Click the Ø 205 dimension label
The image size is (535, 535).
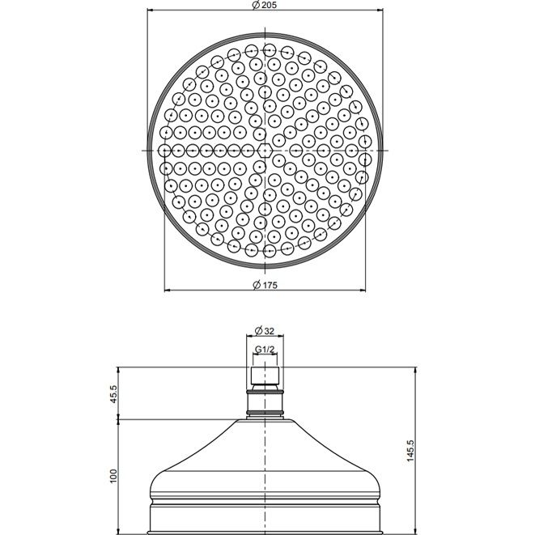[265, 5]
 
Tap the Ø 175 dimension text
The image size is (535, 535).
[265, 285]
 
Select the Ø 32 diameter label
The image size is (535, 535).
[265, 330]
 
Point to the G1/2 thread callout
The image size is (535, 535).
[265, 350]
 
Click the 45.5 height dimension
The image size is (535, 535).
[113, 394]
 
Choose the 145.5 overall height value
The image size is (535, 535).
[410, 451]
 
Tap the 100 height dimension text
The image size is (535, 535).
[113, 476]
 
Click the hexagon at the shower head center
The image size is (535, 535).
[265, 151]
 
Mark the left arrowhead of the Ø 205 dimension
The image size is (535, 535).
[150, 11]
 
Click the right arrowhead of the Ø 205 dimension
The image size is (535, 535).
[380, 11]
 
